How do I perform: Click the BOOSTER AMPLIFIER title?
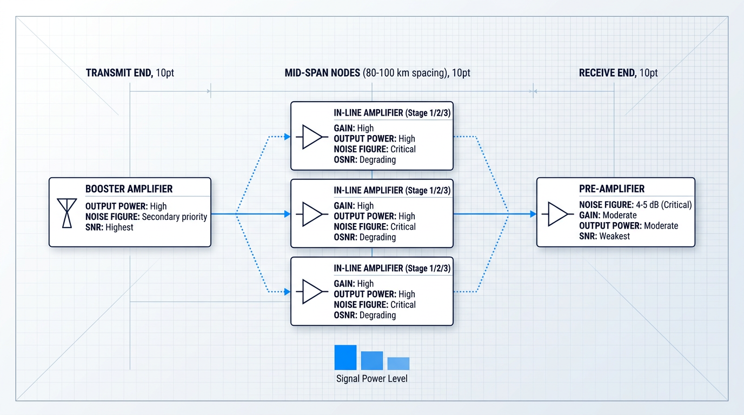[x=129, y=189]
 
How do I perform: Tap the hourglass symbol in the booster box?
[x=67, y=213]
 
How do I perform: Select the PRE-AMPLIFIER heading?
[x=612, y=189]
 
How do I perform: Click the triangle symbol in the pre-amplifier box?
[x=557, y=214]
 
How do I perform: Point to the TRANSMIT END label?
[x=119, y=73]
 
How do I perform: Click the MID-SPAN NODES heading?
[x=322, y=73]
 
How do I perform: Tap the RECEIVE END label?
[x=608, y=73]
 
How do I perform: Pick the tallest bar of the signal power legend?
[x=346, y=357]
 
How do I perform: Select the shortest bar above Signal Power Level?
[x=398, y=364]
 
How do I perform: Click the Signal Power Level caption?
[x=371, y=378]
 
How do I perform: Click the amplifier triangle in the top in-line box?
[x=312, y=137]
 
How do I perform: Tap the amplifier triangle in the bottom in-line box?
[x=312, y=292]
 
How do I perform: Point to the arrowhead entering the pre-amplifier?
[x=533, y=214]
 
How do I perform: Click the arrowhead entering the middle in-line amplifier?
[x=287, y=214]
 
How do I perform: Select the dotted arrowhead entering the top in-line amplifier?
[x=287, y=137]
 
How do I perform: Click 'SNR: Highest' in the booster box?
[x=109, y=227]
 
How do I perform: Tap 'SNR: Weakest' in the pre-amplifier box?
[x=604, y=236]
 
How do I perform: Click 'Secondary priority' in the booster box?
[x=174, y=217]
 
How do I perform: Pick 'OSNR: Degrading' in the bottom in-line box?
[x=364, y=315]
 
